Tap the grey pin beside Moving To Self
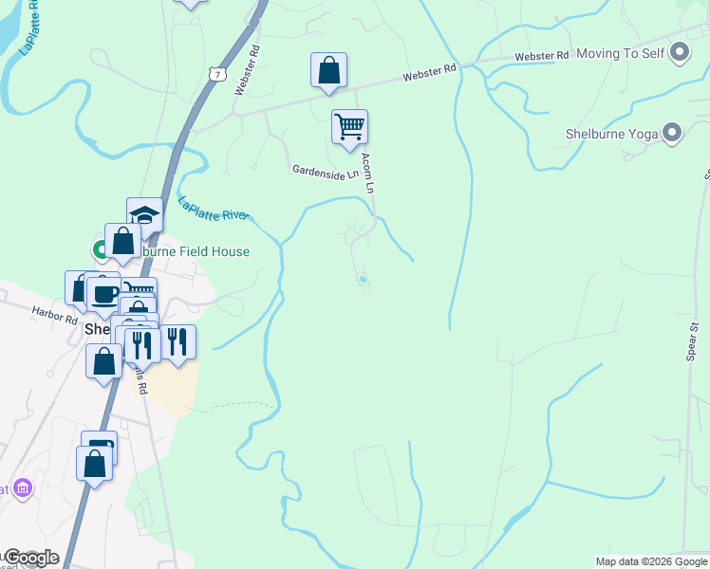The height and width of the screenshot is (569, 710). [680, 52]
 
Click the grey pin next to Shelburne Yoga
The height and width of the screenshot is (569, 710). [673, 133]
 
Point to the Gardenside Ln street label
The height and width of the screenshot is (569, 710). [326, 173]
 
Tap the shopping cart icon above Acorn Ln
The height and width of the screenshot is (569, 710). [349, 126]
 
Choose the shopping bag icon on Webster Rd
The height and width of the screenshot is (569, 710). [328, 69]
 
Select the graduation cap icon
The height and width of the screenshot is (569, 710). [144, 213]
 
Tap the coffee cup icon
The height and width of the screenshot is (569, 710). [103, 293]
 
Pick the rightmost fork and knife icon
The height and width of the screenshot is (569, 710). [177, 340]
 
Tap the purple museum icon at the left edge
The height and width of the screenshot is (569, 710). [23, 489]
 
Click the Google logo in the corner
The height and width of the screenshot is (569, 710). [30, 558]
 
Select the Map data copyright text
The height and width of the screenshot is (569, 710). [651, 561]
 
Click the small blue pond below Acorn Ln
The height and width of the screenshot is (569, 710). [363, 279]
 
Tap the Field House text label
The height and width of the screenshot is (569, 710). [195, 251]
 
